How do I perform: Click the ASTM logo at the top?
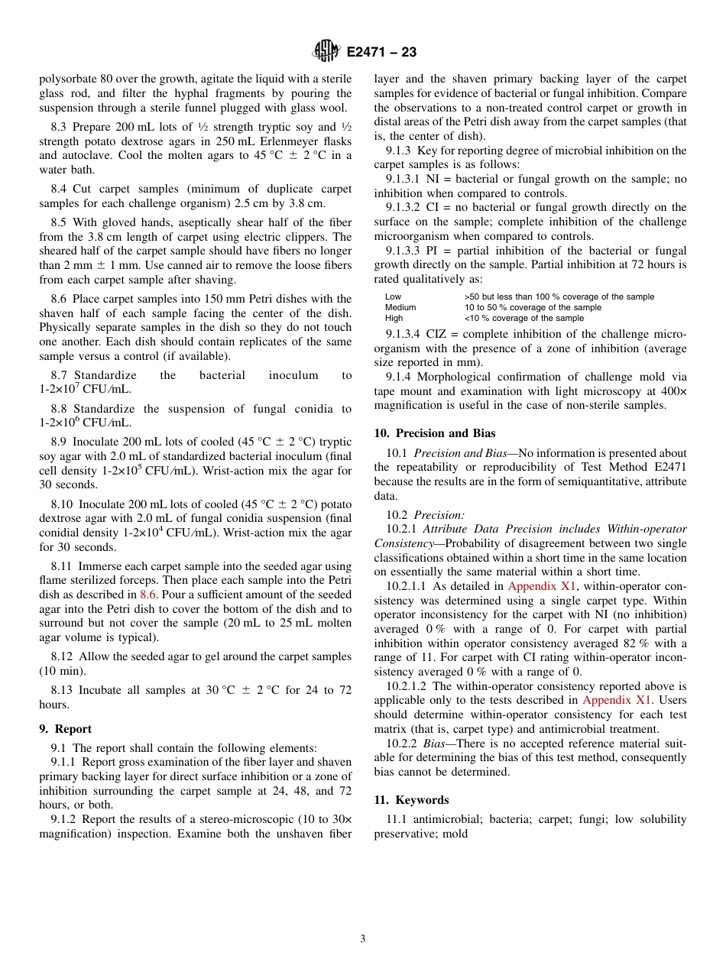click(326, 52)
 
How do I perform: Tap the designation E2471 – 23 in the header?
click(381, 53)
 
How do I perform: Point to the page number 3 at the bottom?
click(362, 939)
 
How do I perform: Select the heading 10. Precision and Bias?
click(434, 433)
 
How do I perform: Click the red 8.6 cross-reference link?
click(147, 594)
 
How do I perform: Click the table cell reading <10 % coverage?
click(523, 318)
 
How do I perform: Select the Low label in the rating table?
click(393, 296)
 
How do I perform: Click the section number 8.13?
click(63, 690)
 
